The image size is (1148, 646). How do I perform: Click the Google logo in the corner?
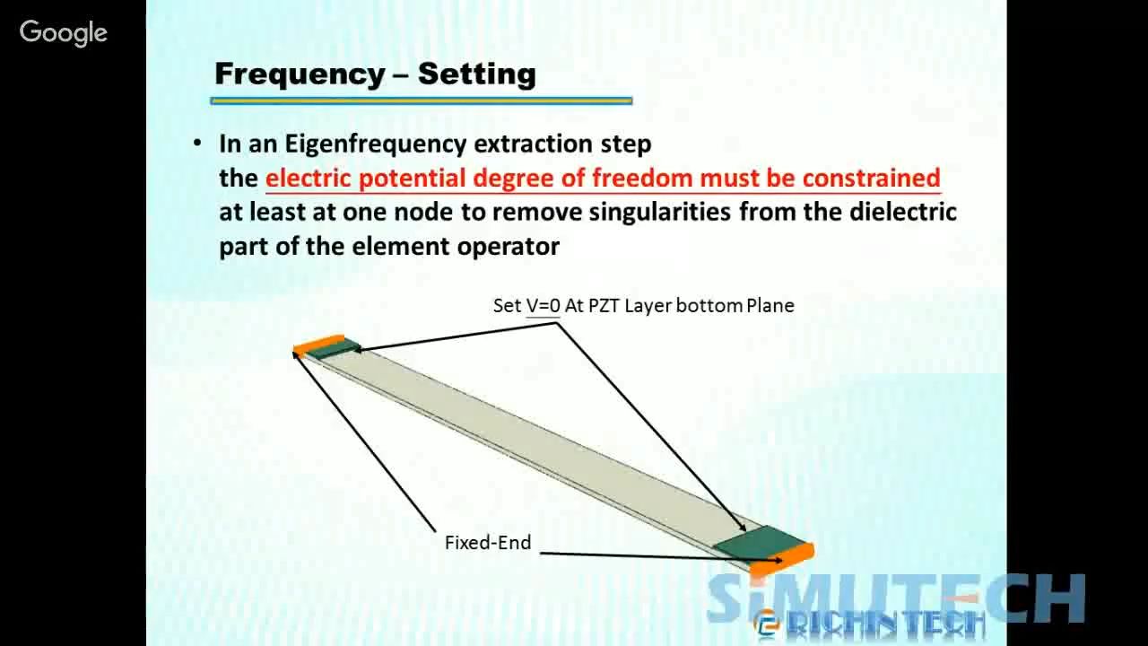pyautogui.click(x=64, y=33)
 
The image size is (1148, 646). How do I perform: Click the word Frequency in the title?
pyautogui.click(x=300, y=74)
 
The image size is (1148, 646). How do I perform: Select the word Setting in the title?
pyautogui.click(x=476, y=74)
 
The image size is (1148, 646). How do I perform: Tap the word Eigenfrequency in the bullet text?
pyautogui.click(x=375, y=144)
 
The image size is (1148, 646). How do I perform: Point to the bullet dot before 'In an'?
pyautogui.click(x=197, y=143)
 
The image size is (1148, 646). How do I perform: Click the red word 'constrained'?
pyautogui.click(x=871, y=178)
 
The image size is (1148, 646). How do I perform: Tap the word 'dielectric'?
pyautogui.click(x=903, y=212)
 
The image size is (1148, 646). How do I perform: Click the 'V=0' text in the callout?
pyautogui.click(x=543, y=306)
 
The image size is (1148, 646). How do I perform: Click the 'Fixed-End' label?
pyautogui.click(x=488, y=543)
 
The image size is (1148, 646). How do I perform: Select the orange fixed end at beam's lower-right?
pyautogui.click(x=781, y=559)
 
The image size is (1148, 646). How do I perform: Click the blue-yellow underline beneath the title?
pyautogui.click(x=422, y=101)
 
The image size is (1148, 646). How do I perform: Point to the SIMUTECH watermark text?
pyautogui.click(x=896, y=598)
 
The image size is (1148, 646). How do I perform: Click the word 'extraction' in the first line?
pyautogui.click(x=533, y=144)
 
